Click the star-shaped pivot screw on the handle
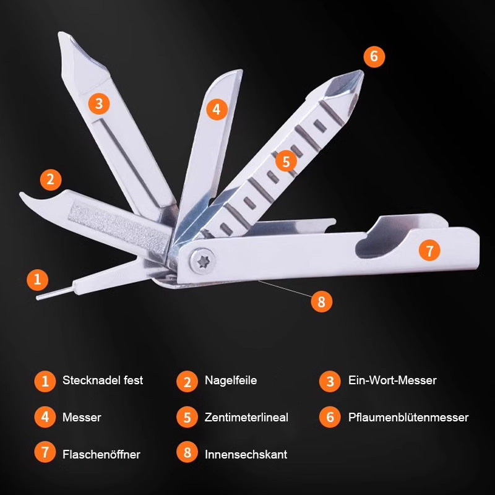pyautogui.click(x=203, y=261)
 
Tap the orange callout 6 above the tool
pyautogui.click(x=374, y=57)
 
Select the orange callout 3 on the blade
pyautogui.click(x=99, y=104)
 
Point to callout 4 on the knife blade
pyautogui.click(x=217, y=110)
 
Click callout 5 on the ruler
pyautogui.click(x=286, y=161)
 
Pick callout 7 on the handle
pyautogui.click(x=429, y=251)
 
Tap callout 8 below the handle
pyautogui.click(x=321, y=301)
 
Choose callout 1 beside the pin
pyautogui.click(x=38, y=280)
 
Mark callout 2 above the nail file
pyautogui.click(x=51, y=180)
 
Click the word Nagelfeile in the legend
pyautogui.click(x=231, y=380)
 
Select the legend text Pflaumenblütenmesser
pyautogui.click(x=408, y=417)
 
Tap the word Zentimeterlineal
pyautogui.click(x=246, y=417)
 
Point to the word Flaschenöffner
pyautogui.click(x=101, y=454)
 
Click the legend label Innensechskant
pyautogui.click(x=246, y=454)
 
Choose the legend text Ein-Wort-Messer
pyautogui.click(x=392, y=380)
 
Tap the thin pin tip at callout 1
pyautogui.click(x=37, y=298)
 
